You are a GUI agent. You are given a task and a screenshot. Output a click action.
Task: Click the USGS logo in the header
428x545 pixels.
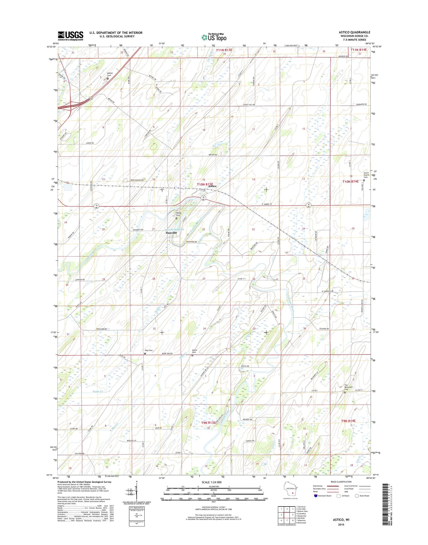tap(70, 35)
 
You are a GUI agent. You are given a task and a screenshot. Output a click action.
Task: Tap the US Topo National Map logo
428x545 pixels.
tap(214, 37)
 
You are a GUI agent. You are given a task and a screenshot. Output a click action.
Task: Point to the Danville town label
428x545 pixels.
tap(171, 233)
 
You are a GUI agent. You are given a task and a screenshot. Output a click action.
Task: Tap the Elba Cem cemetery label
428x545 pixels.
tap(148, 350)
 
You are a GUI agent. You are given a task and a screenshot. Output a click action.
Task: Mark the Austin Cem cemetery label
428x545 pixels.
tap(195, 351)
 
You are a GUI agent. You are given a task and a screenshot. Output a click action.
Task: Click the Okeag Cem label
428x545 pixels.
tap(179, 214)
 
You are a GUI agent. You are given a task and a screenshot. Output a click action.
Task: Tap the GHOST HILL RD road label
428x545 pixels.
tap(249, 105)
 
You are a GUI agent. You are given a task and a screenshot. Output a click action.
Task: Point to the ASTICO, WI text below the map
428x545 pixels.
tap(341, 519)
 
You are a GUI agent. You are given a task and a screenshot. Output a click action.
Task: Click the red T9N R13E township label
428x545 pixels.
tap(208, 422)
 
